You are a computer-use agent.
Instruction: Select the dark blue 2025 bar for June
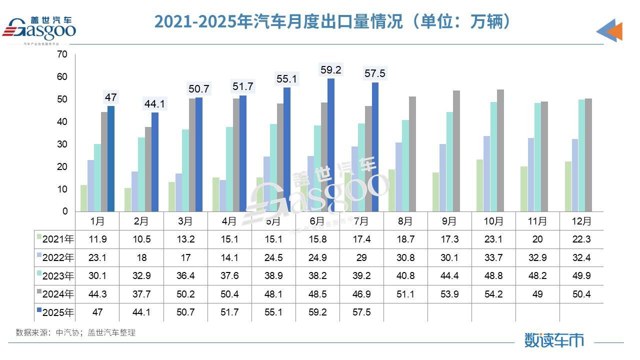(x=331, y=145)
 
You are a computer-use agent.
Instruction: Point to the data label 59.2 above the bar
(x=331, y=70)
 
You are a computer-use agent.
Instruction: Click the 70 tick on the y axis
(x=62, y=54)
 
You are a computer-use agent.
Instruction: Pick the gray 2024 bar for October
(x=500, y=150)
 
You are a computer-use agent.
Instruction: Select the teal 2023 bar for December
(x=581, y=155)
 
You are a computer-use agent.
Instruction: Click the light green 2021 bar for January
(x=84, y=198)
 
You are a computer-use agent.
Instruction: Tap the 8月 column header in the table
(x=405, y=220)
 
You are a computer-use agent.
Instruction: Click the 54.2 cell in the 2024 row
(x=493, y=294)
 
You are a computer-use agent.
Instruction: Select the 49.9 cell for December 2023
(x=581, y=276)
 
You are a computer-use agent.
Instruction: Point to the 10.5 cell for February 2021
(x=141, y=239)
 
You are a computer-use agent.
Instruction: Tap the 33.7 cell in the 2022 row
(x=493, y=258)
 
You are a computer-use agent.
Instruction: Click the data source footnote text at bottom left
(x=75, y=332)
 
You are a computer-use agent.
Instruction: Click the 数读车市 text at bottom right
(x=554, y=340)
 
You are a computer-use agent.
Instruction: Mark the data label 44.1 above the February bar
(x=155, y=104)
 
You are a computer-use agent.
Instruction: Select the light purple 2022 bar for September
(x=443, y=177)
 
